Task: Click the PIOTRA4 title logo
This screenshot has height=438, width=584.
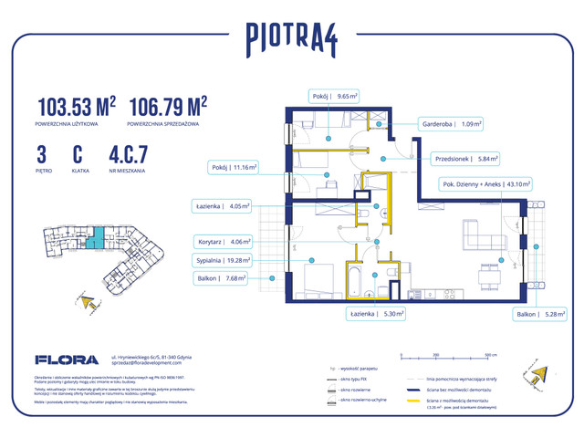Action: point(291,37)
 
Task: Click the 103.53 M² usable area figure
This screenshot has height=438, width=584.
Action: point(77,108)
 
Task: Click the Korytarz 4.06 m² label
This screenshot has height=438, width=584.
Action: point(223,243)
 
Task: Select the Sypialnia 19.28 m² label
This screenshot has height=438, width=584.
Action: point(222,260)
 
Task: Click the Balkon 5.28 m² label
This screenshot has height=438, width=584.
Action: point(539,314)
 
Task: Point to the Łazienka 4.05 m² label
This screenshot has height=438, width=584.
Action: point(222,206)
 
